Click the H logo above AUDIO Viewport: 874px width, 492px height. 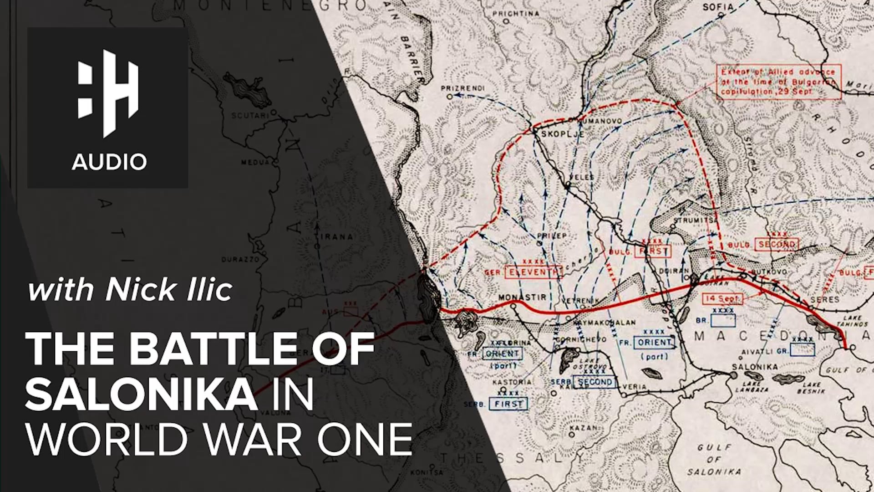pyautogui.click(x=108, y=93)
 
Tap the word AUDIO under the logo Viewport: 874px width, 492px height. pyautogui.click(x=109, y=162)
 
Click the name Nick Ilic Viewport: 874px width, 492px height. pyautogui.click(x=169, y=290)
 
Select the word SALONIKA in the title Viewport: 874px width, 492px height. pyautogui.click(x=141, y=395)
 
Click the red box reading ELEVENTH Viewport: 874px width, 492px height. pyautogui.click(x=532, y=272)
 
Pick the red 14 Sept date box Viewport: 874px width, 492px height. pyautogui.click(x=722, y=299)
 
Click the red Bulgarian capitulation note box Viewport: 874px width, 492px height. pyautogui.click(x=778, y=82)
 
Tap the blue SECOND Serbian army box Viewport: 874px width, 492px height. pyautogui.click(x=595, y=382)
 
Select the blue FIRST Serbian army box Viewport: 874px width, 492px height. pyautogui.click(x=508, y=404)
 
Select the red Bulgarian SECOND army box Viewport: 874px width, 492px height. pyautogui.click(x=777, y=245)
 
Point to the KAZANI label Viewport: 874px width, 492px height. pyautogui.click(x=583, y=428)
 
